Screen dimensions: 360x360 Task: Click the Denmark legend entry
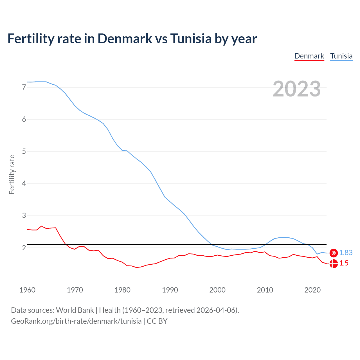[x=309, y=56]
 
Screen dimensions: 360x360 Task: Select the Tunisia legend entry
[x=341, y=56]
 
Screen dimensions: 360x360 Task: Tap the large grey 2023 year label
[x=296, y=89]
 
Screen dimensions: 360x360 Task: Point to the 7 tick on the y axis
[x=24, y=87]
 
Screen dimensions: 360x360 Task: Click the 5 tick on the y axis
[x=24, y=152]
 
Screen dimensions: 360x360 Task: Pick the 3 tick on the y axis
[x=24, y=216]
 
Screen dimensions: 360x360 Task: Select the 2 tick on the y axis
[x=24, y=248]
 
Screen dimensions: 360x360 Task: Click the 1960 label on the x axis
[x=27, y=290]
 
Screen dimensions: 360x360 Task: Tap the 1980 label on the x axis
[x=122, y=290]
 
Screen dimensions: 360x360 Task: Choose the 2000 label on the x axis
[x=217, y=290]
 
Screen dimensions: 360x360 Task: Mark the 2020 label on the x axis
[x=312, y=290]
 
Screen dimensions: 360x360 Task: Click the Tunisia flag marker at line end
[x=334, y=253]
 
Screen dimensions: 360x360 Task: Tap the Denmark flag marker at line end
[x=334, y=264]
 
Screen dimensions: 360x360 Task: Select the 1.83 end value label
[x=346, y=253]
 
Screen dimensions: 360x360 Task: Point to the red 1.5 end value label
[x=344, y=263]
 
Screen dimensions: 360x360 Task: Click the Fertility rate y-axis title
[x=12, y=174]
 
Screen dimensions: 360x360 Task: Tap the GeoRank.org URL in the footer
[x=76, y=321]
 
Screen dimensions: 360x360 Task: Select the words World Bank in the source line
[x=75, y=310]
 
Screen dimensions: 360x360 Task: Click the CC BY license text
[x=157, y=321]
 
